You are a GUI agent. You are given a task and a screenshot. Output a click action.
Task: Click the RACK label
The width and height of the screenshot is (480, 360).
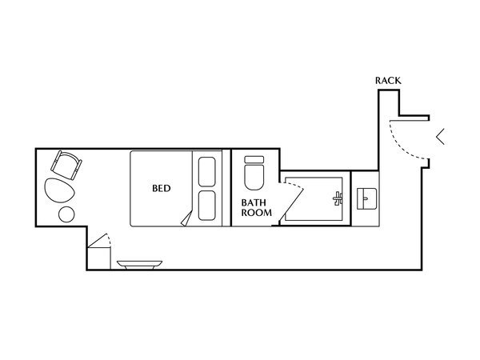click(388, 81)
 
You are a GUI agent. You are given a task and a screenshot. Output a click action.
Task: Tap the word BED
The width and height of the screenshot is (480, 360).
click(162, 188)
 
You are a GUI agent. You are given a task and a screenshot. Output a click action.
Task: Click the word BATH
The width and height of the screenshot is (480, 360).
click(254, 202)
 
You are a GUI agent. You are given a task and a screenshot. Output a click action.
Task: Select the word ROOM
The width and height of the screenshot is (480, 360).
click(256, 213)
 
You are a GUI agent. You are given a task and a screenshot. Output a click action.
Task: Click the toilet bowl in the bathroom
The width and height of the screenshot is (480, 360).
click(254, 177)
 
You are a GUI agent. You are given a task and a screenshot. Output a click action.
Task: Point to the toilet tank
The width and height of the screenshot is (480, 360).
click(254, 159)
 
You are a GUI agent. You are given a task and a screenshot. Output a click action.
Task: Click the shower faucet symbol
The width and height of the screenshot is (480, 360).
click(338, 198)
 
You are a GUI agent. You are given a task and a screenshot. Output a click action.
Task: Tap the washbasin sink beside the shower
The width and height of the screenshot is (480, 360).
click(366, 198)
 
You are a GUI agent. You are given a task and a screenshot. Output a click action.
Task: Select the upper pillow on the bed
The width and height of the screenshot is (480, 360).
click(207, 172)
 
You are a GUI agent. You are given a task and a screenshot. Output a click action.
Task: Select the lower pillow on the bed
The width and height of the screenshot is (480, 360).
click(207, 206)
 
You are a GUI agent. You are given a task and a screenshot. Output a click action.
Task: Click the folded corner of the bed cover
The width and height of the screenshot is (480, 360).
click(187, 219)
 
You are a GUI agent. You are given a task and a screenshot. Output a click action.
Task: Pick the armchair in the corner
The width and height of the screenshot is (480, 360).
click(66, 165)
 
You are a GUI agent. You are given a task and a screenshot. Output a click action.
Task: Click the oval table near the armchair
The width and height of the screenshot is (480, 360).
click(59, 190)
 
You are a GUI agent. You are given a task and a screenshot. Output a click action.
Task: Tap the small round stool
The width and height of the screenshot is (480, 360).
click(66, 214)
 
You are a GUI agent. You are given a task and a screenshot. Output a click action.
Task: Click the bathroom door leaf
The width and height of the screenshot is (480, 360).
click(291, 205)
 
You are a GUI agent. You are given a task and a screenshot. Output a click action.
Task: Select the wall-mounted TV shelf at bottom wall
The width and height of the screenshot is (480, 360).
click(139, 265)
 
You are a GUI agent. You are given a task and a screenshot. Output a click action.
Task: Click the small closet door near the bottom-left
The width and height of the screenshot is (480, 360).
click(99, 240)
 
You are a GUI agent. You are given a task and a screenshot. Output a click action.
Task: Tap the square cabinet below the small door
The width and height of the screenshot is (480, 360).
click(99, 258)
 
